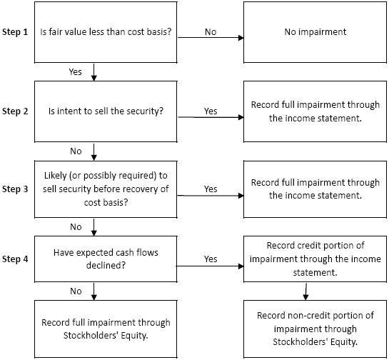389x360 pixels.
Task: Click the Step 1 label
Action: [15, 32]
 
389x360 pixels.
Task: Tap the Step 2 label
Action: [15, 111]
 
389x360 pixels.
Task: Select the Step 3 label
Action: [15, 189]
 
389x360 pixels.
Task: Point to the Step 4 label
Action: [15, 259]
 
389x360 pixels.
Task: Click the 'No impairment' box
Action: [315, 32]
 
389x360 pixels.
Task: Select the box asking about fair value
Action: [106, 32]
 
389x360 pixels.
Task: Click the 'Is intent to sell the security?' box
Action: [106, 111]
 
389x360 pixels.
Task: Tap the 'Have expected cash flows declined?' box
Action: [106, 259]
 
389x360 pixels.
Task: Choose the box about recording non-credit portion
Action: [315, 329]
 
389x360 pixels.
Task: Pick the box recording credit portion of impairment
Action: [315, 259]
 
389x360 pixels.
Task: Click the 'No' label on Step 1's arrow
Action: [211, 31]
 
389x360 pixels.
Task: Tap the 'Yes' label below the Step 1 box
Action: [75, 71]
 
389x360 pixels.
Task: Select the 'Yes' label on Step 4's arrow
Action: [211, 259]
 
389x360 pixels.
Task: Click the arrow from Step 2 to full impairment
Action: [211, 117]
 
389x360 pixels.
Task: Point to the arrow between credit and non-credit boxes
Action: [306, 291]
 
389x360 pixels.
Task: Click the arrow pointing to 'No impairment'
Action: [211, 38]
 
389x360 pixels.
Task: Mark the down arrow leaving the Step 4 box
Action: [94, 291]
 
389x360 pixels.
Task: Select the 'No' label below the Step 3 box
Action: [76, 226]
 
